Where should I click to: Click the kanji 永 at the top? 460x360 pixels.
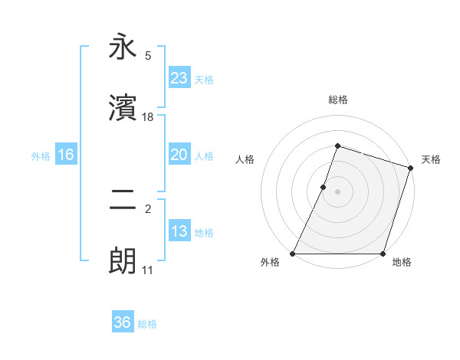pyautogui.click(x=123, y=47)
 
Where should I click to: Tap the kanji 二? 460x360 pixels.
pyautogui.click(x=123, y=201)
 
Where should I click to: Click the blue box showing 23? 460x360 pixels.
pyautogui.click(x=179, y=78)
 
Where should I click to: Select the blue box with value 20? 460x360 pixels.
pyautogui.click(x=179, y=155)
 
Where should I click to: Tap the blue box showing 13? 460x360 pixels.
pyautogui.click(x=179, y=231)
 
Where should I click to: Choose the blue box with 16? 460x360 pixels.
pyautogui.click(x=65, y=155)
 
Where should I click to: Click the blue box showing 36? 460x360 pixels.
pyautogui.click(x=122, y=322)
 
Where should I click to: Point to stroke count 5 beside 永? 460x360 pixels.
pyautogui.click(x=148, y=55)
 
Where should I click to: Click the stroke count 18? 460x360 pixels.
pyautogui.click(x=148, y=117)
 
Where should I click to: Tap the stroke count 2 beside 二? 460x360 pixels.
pyautogui.click(x=148, y=208)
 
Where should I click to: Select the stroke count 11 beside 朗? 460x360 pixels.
pyautogui.click(x=148, y=270)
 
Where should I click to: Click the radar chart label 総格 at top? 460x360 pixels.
pyautogui.click(x=337, y=100)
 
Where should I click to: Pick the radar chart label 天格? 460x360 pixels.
pyautogui.click(x=431, y=159)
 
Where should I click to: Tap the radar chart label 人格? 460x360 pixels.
pyautogui.click(x=245, y=159)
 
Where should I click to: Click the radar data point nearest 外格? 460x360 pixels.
pyautogui.click(x=293, y=254)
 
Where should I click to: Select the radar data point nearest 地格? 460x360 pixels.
pyautogui.click(x=383, y=254)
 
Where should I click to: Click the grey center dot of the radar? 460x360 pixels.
pyautogui.click(x=337, y=191)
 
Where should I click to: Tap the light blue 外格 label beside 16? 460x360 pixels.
pyautogui.click(x=41, y=155)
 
